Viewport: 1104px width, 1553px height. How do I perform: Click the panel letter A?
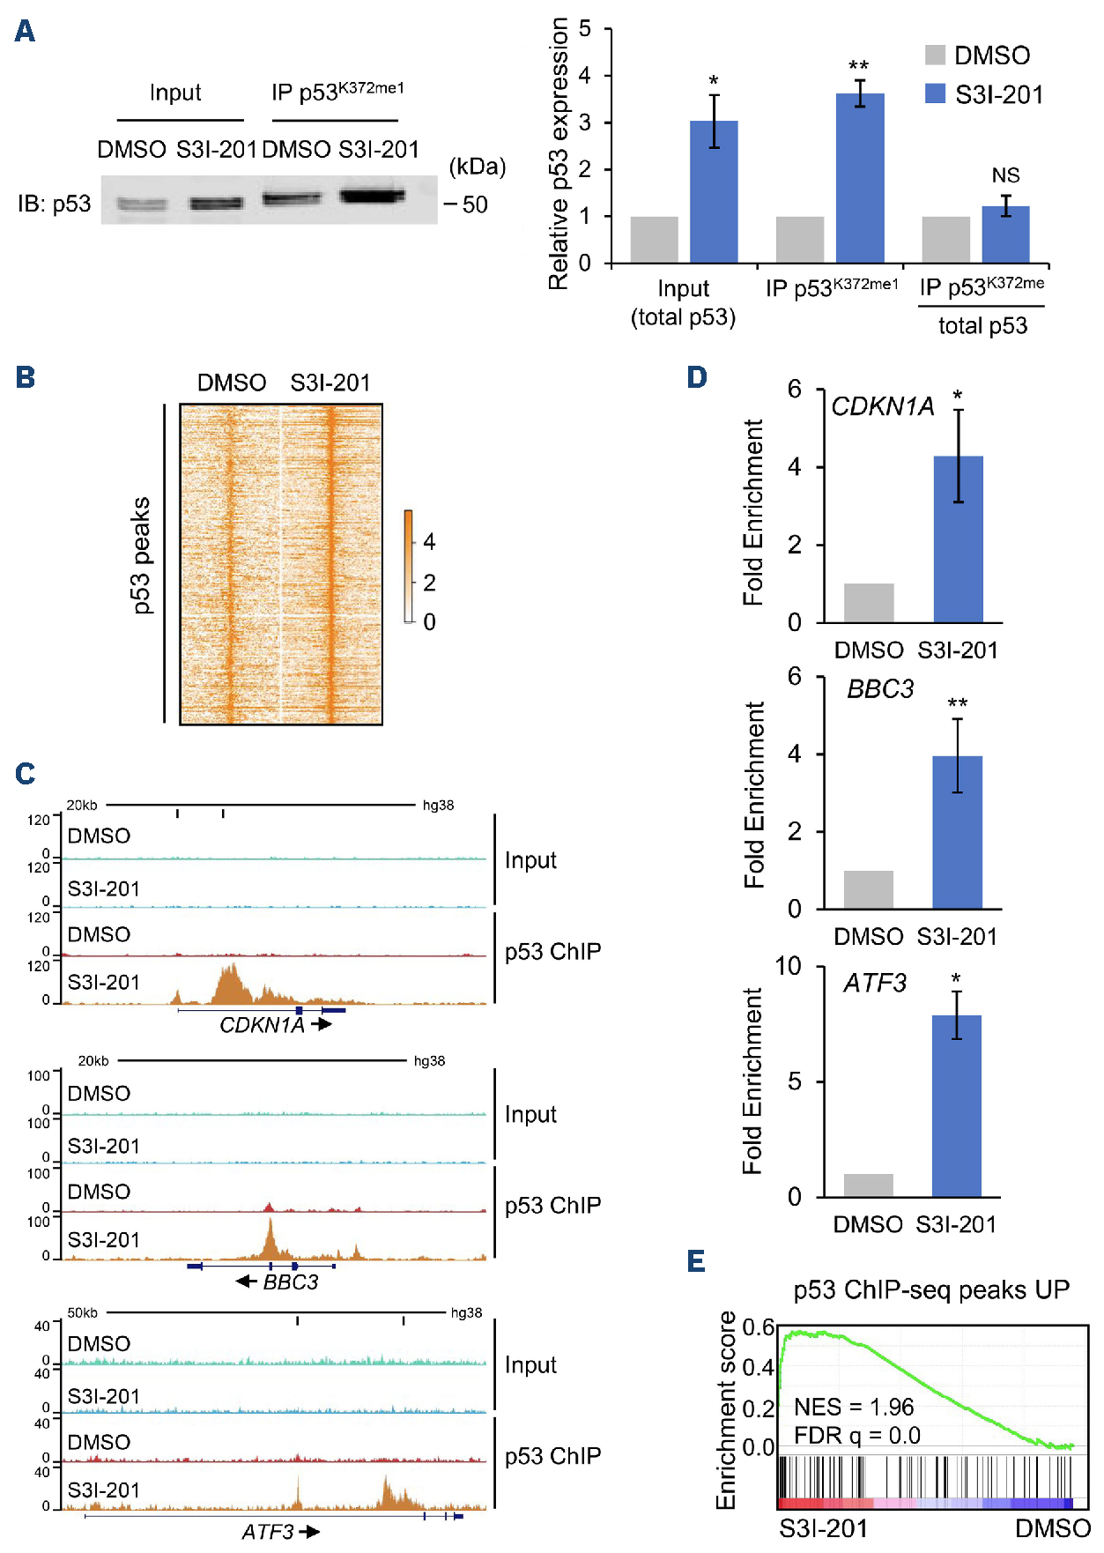25,32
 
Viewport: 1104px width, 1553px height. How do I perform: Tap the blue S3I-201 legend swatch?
935,93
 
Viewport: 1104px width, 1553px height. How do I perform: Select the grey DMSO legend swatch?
935,55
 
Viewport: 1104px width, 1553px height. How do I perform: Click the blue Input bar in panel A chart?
714,191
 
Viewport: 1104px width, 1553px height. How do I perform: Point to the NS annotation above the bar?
1005,175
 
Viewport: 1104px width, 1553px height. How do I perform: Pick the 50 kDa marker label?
475,204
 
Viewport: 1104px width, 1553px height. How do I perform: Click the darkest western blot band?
372,196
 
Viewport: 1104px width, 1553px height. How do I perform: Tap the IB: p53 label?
54,204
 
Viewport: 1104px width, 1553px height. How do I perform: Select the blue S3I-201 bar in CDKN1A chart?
958,539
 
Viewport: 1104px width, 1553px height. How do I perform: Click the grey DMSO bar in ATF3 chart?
868,1185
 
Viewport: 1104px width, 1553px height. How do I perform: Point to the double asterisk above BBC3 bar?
957,703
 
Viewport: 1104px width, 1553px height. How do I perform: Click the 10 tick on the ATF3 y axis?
788,966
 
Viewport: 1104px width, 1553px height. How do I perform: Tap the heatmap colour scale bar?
409,566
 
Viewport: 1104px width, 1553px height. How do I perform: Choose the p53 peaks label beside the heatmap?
141,555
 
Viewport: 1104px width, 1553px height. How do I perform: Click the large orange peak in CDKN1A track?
230,984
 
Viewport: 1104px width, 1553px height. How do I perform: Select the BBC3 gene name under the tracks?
291,1282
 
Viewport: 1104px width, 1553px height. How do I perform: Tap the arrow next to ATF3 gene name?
309,1532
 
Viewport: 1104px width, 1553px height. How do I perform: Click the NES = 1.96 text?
853,1407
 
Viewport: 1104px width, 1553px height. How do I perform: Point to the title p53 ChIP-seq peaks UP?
930,1290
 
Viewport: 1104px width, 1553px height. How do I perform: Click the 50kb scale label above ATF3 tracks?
82,1312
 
